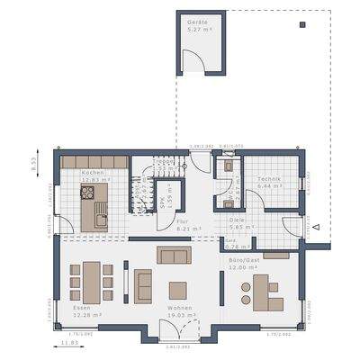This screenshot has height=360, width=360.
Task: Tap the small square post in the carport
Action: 301,24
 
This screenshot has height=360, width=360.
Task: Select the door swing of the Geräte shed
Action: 191,62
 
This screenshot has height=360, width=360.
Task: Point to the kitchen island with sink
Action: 94,213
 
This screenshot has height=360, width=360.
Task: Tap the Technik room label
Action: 268,179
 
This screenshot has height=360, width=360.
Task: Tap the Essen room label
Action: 82,308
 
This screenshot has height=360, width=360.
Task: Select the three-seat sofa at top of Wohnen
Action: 174,255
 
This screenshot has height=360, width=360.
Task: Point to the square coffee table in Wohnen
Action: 177,290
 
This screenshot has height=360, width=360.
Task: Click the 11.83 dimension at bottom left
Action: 67,343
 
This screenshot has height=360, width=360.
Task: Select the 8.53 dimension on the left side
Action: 33,165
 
